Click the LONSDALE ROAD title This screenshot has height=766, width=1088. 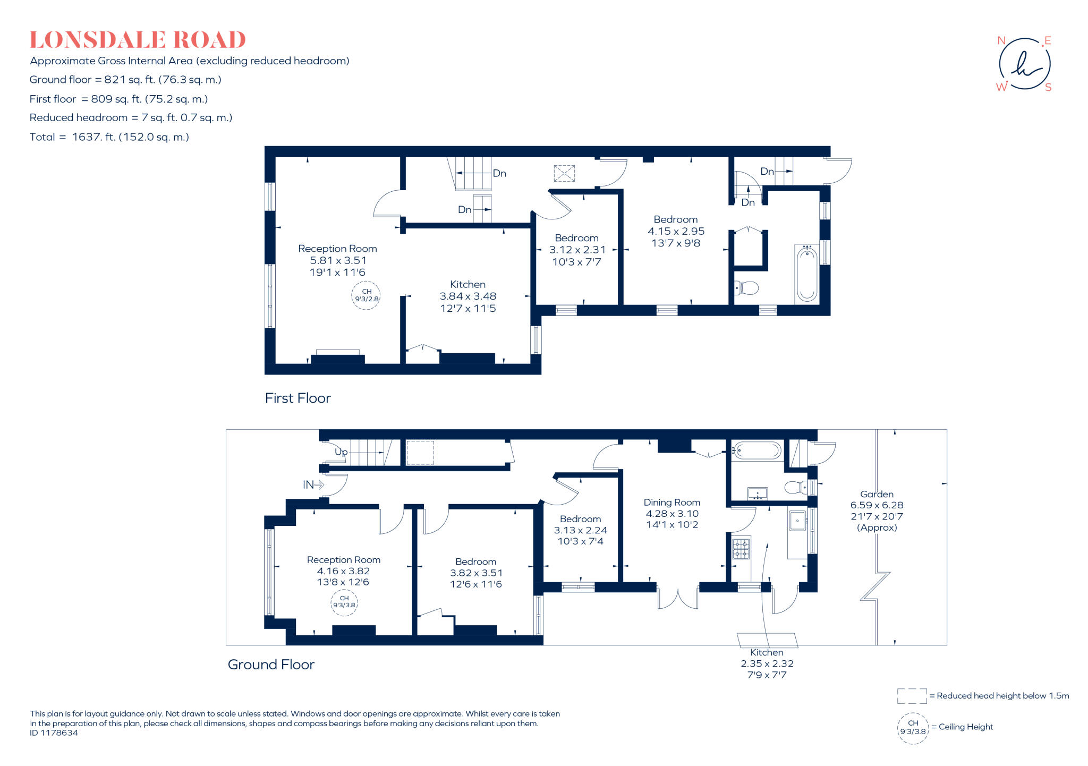138,40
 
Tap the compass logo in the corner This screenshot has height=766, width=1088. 1024,64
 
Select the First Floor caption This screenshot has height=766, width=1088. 297,398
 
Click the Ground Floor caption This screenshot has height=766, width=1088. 271,665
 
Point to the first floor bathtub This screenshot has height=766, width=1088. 807,274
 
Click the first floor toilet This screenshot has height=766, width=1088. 746,288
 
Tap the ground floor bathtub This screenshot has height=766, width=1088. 756,451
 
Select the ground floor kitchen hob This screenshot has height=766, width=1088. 741,549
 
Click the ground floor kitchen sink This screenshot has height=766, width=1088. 797,521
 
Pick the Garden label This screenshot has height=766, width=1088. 877,494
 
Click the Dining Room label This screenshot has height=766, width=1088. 672,502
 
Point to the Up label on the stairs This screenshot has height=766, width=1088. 341,452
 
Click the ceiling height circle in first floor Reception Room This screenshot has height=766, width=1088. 366,295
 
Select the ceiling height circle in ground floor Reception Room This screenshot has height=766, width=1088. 344,602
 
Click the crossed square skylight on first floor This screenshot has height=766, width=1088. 564,173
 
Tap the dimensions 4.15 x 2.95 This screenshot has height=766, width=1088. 676,231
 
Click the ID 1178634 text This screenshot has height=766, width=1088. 54,733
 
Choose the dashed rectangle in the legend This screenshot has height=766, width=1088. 912,696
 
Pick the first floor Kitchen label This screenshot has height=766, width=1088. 467,284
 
